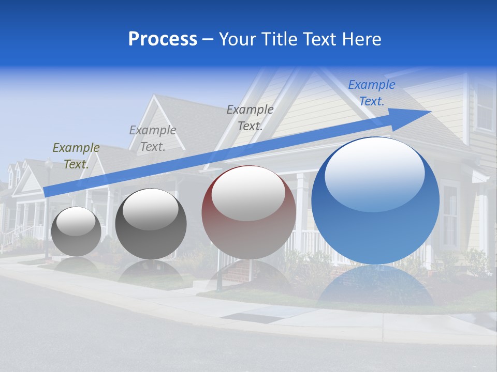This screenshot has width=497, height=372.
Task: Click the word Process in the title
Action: (x=163, y=39)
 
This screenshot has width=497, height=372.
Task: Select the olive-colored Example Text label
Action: (x=76, y=156)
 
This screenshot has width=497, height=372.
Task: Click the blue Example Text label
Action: (x=371, y=93)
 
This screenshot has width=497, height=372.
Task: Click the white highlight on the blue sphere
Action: (x=374, y=173)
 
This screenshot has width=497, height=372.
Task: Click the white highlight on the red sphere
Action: (x=248, y=192)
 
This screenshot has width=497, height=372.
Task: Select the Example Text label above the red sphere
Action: (x=250, y=117)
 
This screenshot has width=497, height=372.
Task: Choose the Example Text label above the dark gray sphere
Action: (x=153, y=138)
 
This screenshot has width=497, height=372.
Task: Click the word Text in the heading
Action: (x=321, y=39)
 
